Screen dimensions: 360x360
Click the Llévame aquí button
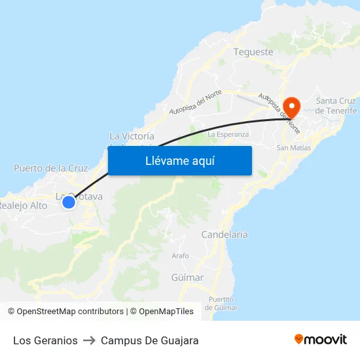tap(179, 160)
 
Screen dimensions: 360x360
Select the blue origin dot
tap(69, 202)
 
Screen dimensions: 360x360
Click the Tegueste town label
tap(253, 52)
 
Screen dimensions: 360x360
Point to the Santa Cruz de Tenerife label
tap(336, 105)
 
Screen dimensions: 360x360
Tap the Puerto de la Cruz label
tap(50, 168)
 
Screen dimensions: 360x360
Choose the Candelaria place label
tap(224, 234)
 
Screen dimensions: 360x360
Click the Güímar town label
tap(187, 278)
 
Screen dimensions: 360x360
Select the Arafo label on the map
tap(180, 255)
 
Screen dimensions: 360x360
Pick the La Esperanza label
tap(228, 134)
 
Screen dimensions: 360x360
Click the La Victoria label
tap(132, 136)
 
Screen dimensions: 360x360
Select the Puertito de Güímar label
tap(221, 303)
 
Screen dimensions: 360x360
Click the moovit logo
tap(321, 339)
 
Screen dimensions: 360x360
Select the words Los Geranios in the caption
tap(45, 340)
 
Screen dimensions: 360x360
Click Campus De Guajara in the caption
tap(149, 340)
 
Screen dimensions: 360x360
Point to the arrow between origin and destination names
tap(89, 340)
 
